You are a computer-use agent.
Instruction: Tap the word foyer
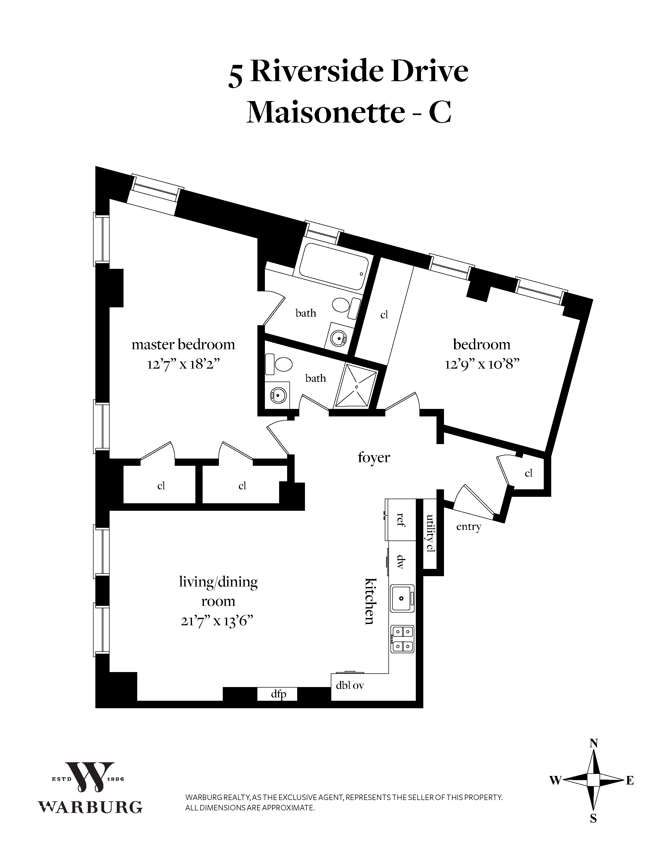374,457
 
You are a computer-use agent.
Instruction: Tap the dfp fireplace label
278,694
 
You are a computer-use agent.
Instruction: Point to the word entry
469,527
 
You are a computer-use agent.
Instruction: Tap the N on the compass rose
593,743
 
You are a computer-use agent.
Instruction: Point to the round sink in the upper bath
338,338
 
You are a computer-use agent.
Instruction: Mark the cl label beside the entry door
528,473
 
